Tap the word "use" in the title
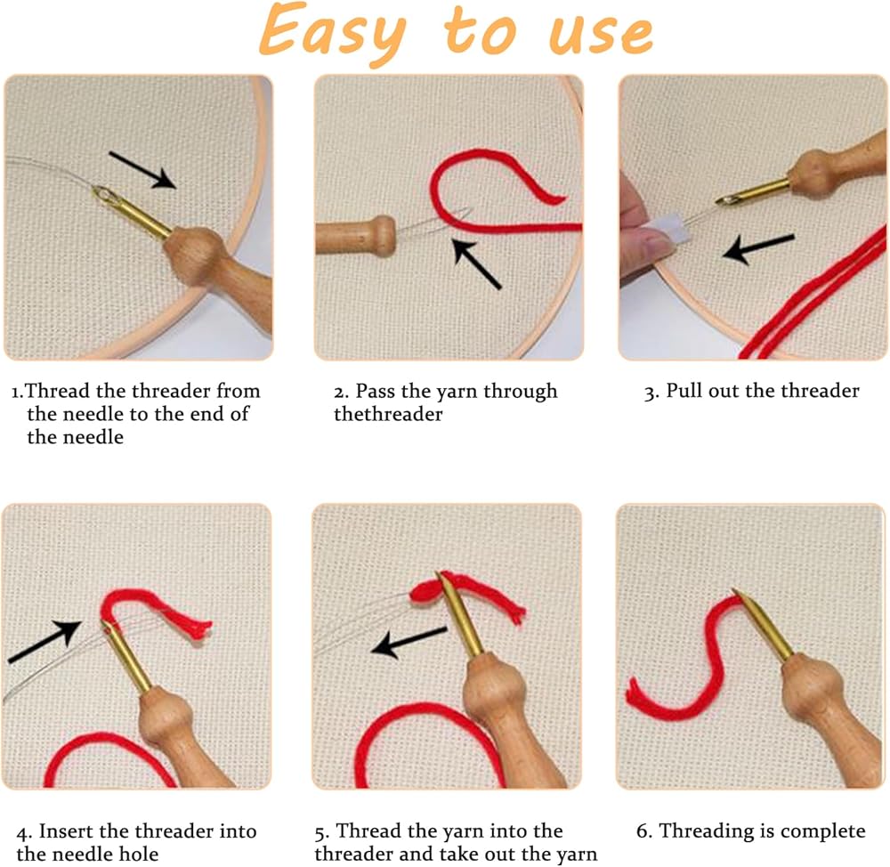pos(601,34)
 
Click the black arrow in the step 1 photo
pos(142,170)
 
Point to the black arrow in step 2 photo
pos(477,264)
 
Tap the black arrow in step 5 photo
pos(409,642)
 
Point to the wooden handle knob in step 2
pos(382,236)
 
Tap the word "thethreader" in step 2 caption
pos(388,414)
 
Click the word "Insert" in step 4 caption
pos(65,831)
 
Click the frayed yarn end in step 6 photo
pos(635,693)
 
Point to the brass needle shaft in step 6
pos(762,625)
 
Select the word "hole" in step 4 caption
pos(139,854)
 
